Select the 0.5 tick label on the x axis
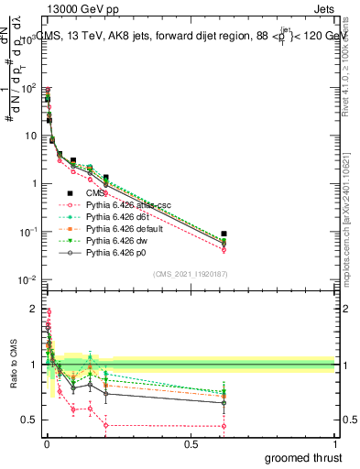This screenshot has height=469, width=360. (x=191, y=445)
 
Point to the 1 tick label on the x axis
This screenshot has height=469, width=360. (x=335, y=445)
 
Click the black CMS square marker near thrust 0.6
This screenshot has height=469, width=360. (x=224, y=234)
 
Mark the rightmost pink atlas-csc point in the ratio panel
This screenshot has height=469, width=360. (x=224, y=426)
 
